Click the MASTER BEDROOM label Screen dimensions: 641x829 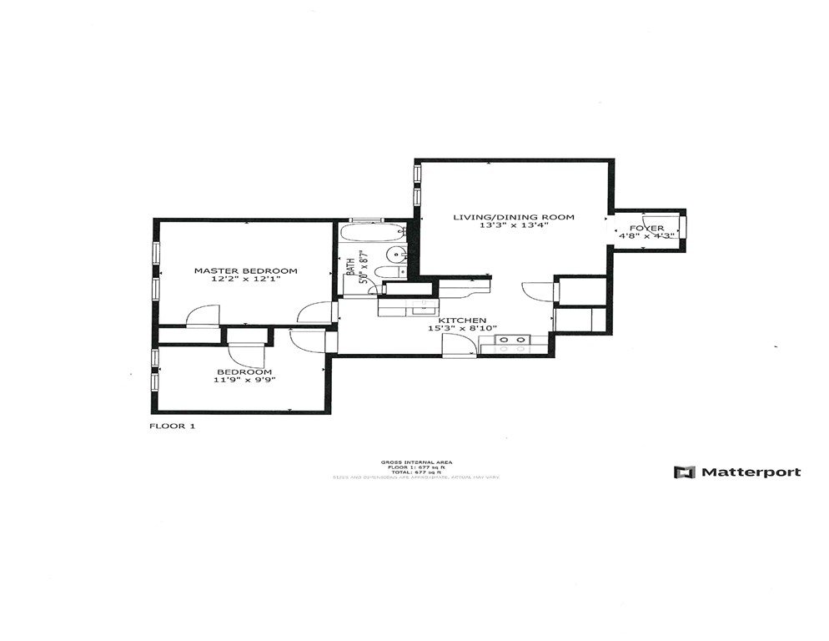(245, 270)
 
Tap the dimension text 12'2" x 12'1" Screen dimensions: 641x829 (245, 280)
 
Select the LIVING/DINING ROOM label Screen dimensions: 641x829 (513, 217)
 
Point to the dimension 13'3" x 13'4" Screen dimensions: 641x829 (513, 226)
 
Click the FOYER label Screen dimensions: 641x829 (646, 228)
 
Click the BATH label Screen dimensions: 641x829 (349, 268)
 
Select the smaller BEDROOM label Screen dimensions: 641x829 (244, 371)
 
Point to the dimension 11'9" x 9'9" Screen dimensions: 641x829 (244, 381)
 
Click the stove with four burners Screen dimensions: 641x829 (513, 341)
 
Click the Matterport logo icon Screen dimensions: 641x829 (684, 472)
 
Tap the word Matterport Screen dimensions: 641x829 (750, 472)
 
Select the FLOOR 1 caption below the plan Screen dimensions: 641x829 (172, 426)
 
